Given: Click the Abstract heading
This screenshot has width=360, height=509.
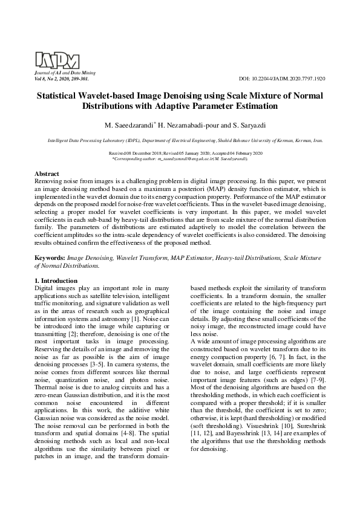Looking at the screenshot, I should pos(47,173).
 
